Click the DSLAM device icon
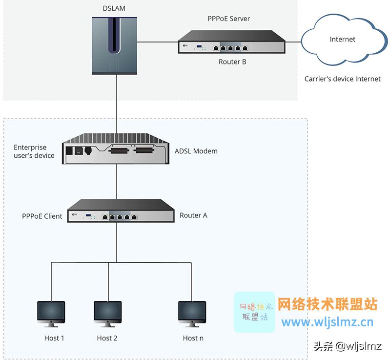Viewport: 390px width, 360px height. click(115, 44)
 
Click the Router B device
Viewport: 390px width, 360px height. click(232, 42)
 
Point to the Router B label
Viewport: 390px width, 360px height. click(232, 62)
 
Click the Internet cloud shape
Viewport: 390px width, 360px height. click(343, 40)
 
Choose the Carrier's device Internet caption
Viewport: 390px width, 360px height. click(342, 79)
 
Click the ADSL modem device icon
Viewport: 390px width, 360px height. click(116, 149)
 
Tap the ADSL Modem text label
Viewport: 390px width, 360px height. click(196, 151)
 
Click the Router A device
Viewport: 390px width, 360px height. click(121, 211)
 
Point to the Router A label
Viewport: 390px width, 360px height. click(193, 215)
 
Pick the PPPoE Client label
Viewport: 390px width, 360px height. click(42, 216)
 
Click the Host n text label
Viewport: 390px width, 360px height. click(193, 338)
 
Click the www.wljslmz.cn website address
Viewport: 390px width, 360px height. click(328, 322)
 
